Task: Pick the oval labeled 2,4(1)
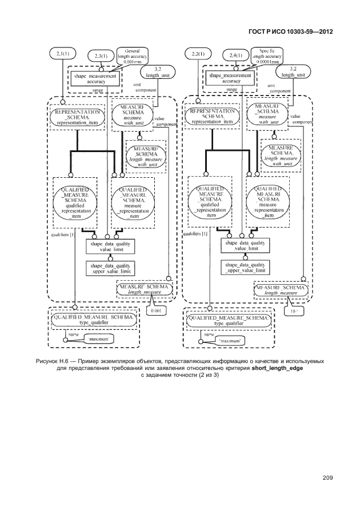click(235, 55)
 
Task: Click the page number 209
click(327, 477)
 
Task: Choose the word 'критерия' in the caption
click(235, 370)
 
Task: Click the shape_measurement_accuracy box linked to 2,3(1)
click(95, 78)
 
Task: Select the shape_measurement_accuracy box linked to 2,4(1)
click(231, 78)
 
